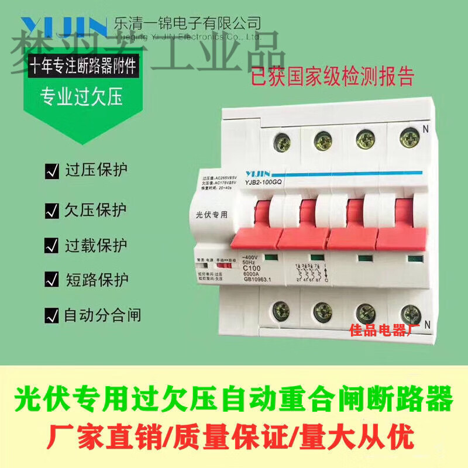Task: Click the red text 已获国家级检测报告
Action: pos(332,77)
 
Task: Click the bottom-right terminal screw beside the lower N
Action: pos(407,311)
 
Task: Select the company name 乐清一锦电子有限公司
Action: pos(187,23)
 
